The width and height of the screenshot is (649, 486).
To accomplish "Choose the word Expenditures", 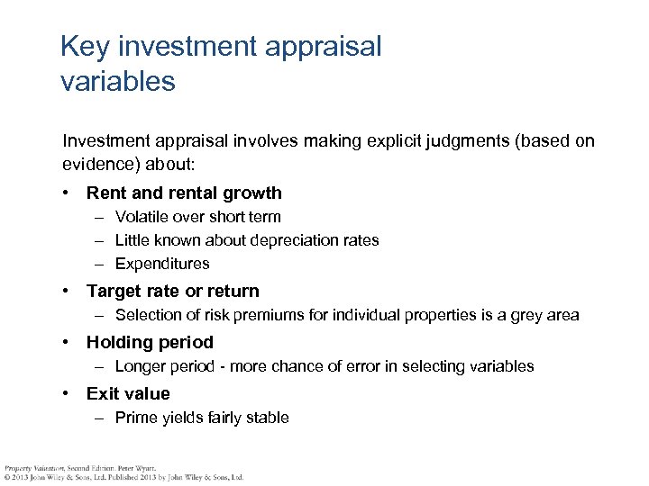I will (x=162, y=264).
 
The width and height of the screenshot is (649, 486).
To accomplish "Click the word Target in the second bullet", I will (x=114, y=291).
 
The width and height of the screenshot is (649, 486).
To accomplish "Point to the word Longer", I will (x=141, y=366).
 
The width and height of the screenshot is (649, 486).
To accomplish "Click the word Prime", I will (x=136, y=418).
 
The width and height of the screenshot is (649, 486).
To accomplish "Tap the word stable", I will (x=267, y=418).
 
